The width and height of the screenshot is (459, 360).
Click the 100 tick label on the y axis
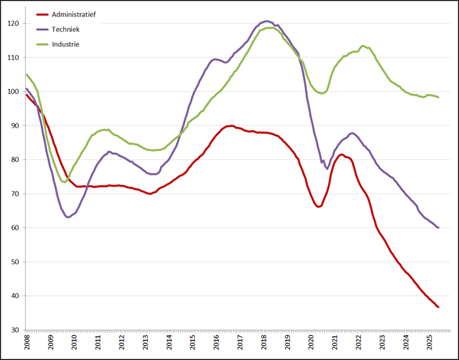pos(14,92)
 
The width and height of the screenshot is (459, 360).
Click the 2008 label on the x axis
pos(27,344)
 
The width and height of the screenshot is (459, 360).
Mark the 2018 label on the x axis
pos(264,344)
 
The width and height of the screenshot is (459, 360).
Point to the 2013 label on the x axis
pos(146,344)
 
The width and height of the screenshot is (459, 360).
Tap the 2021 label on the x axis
pos(335,344)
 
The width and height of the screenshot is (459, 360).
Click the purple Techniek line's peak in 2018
pos(268,21)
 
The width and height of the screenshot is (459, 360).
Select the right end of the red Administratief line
pos(439,307)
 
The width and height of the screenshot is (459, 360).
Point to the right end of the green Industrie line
pos(439,97)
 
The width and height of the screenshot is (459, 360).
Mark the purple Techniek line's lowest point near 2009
pos(68,217)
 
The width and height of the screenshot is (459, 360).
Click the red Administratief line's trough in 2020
pos(318,206)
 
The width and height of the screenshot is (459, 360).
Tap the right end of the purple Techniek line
pos(439,228)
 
